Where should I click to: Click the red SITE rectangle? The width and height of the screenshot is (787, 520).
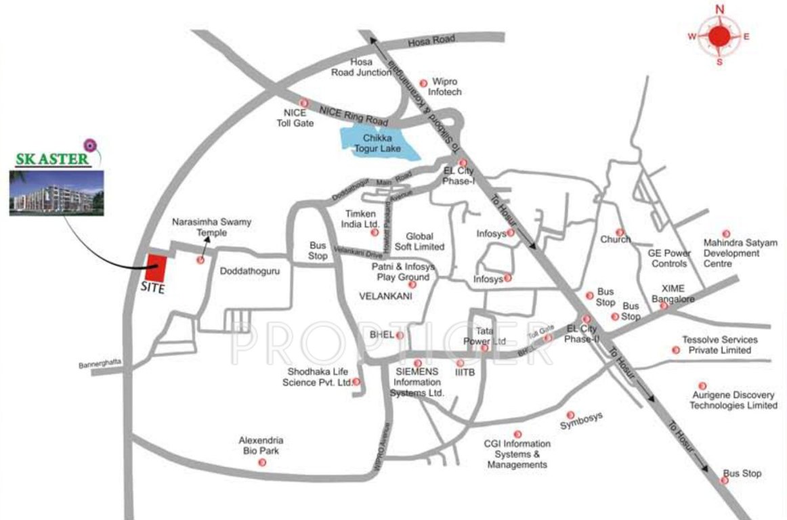coord(157,268)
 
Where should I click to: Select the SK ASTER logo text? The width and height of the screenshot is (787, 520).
coord(51,160)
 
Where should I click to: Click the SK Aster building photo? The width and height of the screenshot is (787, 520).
coord(56,193)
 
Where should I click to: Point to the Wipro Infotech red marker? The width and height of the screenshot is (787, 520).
coord(423,83)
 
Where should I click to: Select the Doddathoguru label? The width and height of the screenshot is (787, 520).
coord(250,270)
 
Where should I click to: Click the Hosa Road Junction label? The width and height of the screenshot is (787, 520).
coord(361,67)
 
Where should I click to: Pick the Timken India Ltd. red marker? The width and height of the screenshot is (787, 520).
coord(374,232)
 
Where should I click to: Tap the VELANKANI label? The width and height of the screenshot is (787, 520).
coord(385,296)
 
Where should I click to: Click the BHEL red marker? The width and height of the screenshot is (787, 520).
coord(400,335)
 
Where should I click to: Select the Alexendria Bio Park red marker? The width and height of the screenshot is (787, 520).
coord(262,462)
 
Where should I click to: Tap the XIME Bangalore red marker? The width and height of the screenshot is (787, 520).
coord(664,306)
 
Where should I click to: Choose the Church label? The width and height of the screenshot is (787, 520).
coord(615,239)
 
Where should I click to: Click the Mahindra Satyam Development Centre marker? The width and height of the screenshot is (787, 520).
coord(726,232)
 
